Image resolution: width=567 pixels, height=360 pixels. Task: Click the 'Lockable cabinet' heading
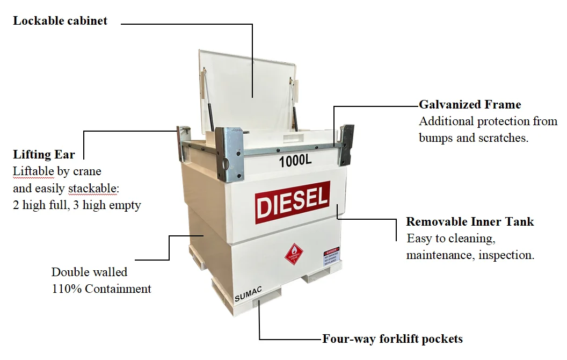tap(60, 21)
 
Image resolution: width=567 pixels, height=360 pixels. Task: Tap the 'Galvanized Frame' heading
tap(470, 104)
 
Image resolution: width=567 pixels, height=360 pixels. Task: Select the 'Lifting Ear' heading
tap(44, 155)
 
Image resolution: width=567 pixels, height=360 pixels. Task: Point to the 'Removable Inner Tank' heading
tap(470, 222)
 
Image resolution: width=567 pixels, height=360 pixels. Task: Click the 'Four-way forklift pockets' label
tap(392, 339)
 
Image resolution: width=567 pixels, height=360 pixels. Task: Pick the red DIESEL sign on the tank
tap(292, 202)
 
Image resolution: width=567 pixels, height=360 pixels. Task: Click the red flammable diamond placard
tap(293, 254)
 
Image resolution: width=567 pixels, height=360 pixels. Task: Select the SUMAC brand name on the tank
tap(248, 294)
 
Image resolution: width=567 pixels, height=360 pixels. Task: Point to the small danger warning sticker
tap(331, 258)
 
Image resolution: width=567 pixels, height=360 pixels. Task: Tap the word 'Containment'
tap(118, 289)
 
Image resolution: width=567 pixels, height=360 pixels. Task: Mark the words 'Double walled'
tap(89, 272)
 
